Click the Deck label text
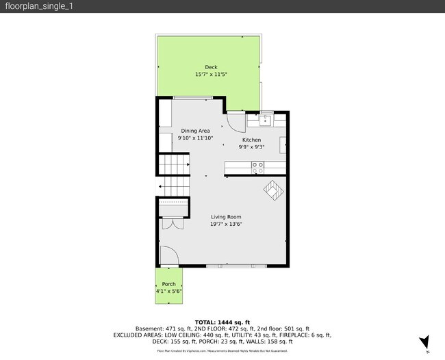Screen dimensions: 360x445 (211, 67)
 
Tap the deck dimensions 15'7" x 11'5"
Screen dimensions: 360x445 (211, 74)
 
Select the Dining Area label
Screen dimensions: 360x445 (195, 131)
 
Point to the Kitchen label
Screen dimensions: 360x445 (251, 140)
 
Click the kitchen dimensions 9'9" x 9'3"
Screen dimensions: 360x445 (251, 146)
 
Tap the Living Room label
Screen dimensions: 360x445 (226, 217)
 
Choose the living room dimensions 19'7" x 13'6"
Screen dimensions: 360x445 (226, 224)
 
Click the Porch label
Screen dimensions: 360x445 (168, 284)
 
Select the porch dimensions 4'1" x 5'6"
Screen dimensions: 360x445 (168, 292)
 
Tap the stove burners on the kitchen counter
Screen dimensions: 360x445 (258, 165)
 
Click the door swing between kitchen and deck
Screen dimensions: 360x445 (235, 122)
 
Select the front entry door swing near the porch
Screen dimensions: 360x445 (169, 257)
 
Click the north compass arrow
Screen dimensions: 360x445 (424, 342)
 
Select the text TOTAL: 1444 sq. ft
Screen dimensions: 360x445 (222, 322)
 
